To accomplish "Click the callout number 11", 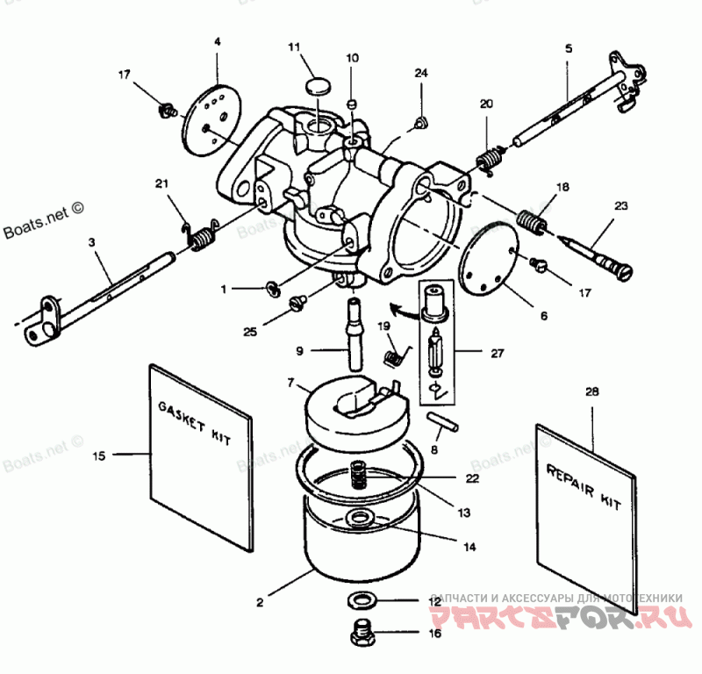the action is (294, 47).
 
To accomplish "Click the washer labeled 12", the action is (360, 601).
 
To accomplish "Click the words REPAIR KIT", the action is (584, 487).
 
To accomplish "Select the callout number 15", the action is (99, 455).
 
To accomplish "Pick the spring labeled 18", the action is (531, 220).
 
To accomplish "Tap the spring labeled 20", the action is (489, 159).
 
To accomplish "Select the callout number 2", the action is (261, 602).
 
